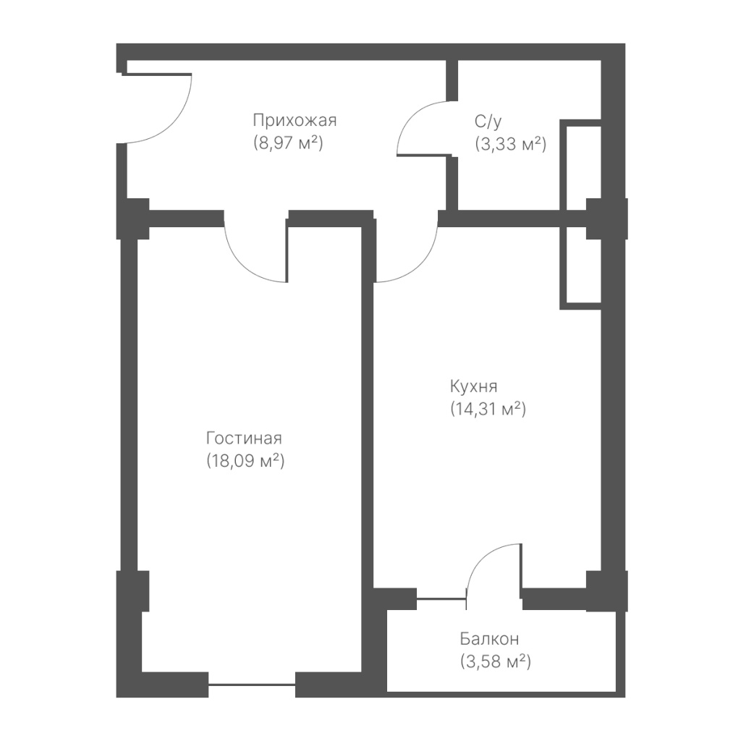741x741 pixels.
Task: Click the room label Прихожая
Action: pos(295,121)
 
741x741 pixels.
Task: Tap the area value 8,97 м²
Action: pos(288,143)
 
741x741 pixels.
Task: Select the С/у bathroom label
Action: pos(488,122)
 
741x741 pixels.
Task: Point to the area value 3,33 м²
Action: pos(510,144)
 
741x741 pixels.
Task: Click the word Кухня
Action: pos(473,386)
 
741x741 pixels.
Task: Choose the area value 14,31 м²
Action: pos(488,409)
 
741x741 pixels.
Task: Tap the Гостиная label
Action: pos(244,439)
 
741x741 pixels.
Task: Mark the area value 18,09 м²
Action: pos(245,461)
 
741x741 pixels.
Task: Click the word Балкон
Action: pos(489,639)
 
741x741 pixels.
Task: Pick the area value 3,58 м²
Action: pos(495,661)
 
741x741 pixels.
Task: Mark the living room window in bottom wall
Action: pos(252,685)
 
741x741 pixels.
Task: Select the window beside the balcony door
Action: pos(441,599)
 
